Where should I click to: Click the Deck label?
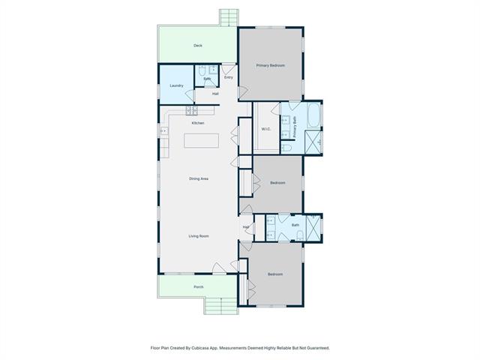(198, 46)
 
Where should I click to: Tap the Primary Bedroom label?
(270, 65)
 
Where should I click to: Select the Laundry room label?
(177, 85)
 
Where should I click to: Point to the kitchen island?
(202, 141)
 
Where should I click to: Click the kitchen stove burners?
(192, 110)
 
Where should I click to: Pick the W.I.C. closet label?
(266, 129)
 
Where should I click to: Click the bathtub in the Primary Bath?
(313, 115)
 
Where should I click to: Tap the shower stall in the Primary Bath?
(313, 142)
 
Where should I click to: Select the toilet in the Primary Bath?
(286, 148)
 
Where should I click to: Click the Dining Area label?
(199, 178)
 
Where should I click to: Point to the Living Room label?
(199, 236)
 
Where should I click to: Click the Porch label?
(199, 287)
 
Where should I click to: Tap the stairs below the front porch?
(221, 305)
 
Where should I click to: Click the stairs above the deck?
(229, 18)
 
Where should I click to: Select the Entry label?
(229, 77)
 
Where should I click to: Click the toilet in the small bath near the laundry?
(202, 70)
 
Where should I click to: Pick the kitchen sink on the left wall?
(164, 130)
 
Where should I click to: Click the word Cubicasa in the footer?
(200, 348)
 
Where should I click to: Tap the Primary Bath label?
(295, 127)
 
